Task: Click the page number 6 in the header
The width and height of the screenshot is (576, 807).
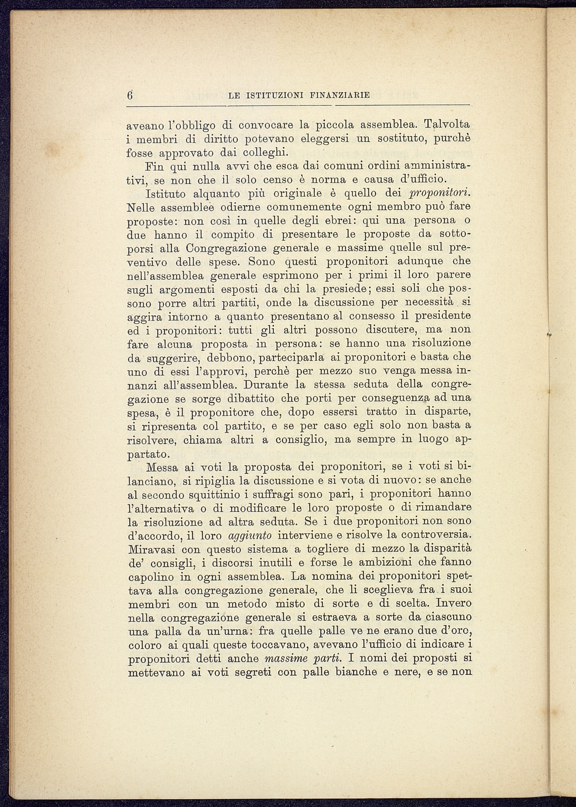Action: tap(130, 95)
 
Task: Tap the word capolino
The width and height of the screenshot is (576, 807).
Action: tap(150, 577)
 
